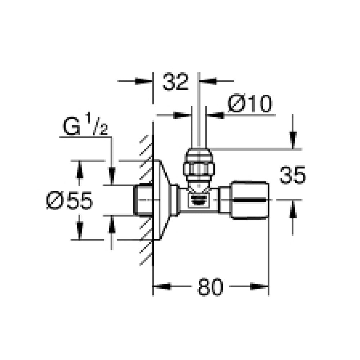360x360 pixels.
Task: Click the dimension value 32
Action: (x=176, y=82)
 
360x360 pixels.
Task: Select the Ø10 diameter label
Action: (x=250, y=104)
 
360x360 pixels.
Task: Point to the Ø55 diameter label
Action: (x=69, y=201)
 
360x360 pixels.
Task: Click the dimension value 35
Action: (x=293, y=175)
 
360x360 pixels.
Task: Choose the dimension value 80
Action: (x=210, y=287)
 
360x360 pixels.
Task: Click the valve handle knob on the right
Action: (x=250, y=200)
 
